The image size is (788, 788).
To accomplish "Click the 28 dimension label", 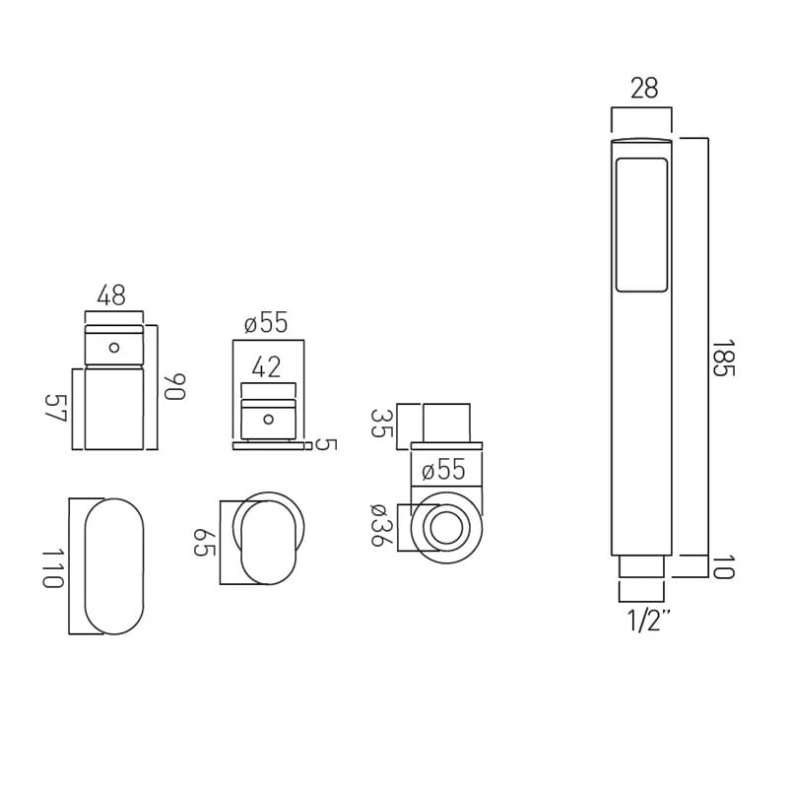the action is [x=644, y=88].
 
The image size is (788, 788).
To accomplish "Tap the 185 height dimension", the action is [x=724, y=358].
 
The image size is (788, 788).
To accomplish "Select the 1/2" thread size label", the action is [x=649, y=622].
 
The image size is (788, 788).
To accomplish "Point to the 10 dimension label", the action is [x=724, y=567].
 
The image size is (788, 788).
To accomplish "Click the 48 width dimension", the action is [x=111, y=295].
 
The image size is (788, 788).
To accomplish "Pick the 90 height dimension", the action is [x=174, y=386].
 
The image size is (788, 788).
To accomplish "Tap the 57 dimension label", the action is [x=56, y=408].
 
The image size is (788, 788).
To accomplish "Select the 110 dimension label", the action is [x=53, y=568].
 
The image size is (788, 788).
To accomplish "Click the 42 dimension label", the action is [x=266, y=367].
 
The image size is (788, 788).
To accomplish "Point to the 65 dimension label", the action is [x=205, y=543].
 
